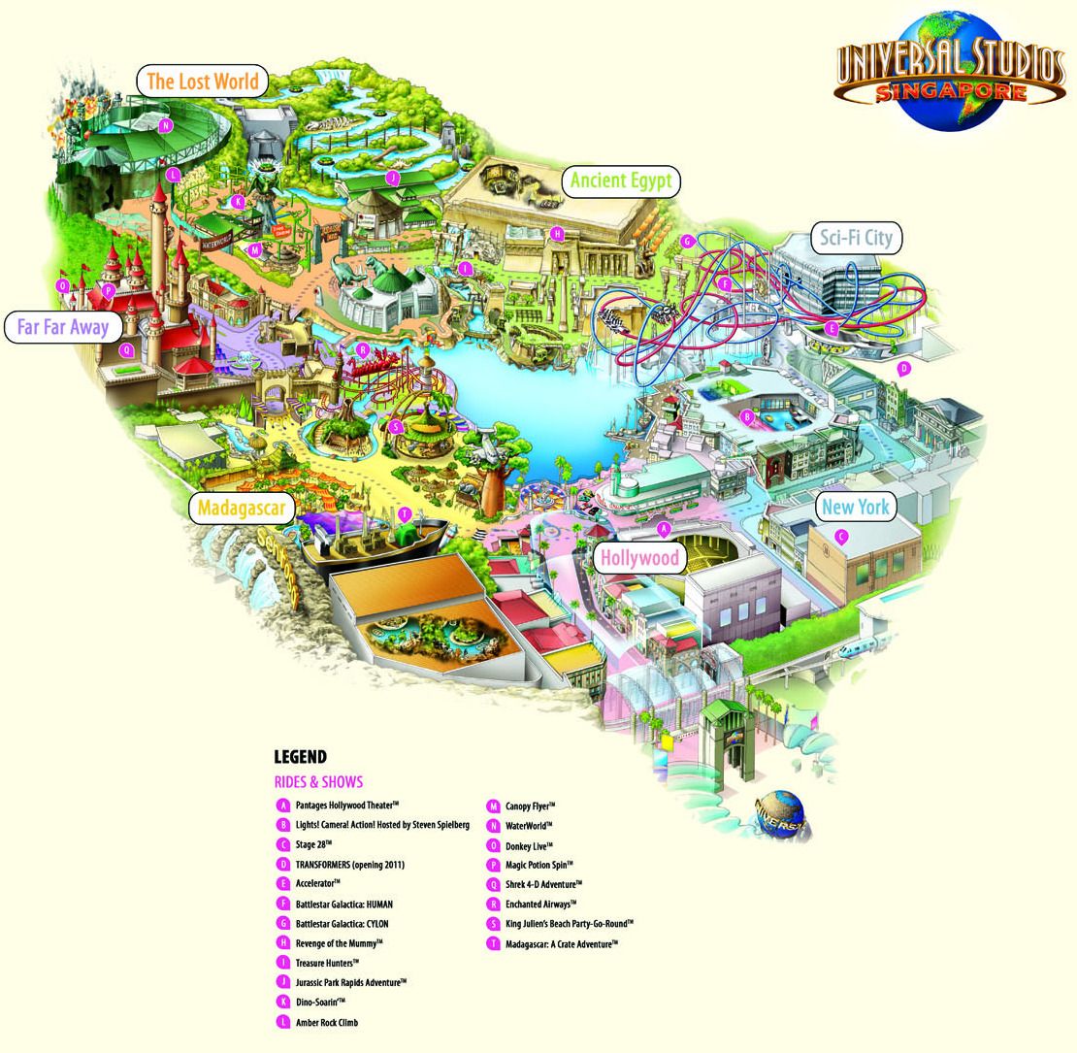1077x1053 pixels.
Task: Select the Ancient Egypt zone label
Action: pyautogui.click(x=621, y=181)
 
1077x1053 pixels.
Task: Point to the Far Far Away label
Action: pyautogui.click(x=62, y=326)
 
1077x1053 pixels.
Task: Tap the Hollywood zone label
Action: pyautogui.click(x=638, y=557)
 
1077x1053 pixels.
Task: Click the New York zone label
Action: pyautogui.click(x=855, y=507)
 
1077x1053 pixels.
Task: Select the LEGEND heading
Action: pyautogui.click(x=300, y=757)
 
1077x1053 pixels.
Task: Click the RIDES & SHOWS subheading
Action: pyautogui.click(x=319, y=782)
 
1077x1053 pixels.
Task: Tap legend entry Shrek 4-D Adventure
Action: pyautogui.click(x=543, y=884)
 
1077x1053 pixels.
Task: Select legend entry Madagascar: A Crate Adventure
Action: pyautogui.click(x=561, y=943)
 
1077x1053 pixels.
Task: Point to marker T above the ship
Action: pyautogui.click(x=405, y=513)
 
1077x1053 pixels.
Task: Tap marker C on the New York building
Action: pyautogui.click(x=842, y=534)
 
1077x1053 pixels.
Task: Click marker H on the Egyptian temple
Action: pyautogui.click(x=557, y=233)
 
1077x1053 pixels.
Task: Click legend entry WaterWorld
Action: pyautogui.click(x=528, y=825)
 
